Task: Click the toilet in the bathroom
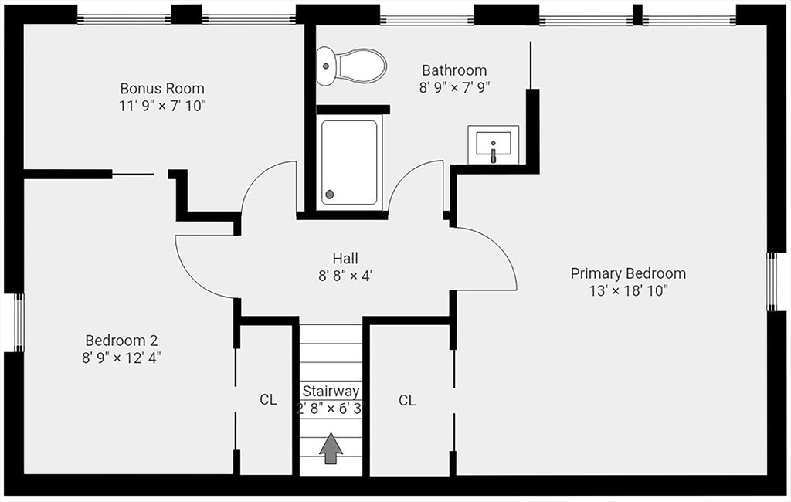click(x=351, y=66)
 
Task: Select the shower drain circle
click(x=330, y=195)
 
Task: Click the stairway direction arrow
click(x=331, y=448)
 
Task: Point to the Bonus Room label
click(x=162, y=88)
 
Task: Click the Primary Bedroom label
click(x=628, y=273)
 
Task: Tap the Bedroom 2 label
click(x=121, y=340)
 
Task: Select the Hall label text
click(x=345, y=258)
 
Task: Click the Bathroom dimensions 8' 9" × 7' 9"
click(x=454, y=88)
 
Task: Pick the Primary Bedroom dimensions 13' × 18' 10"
click(x=629, y=291)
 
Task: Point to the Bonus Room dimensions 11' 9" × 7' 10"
click(x=162, y=106)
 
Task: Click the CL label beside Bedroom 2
click(x=268, y=400)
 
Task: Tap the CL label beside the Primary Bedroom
click(x=407, y=401)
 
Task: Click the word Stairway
click(x=331, y=391)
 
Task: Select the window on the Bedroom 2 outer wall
click(x=19, y=322)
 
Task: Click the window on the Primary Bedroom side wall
click(x=772, y=282)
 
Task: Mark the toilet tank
click(x=325, y=66)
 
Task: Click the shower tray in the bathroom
click(x=349, y=162)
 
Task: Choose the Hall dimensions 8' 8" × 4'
click(x=345, y=276)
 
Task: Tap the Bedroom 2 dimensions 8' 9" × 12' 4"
click(x=121, y=358)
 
